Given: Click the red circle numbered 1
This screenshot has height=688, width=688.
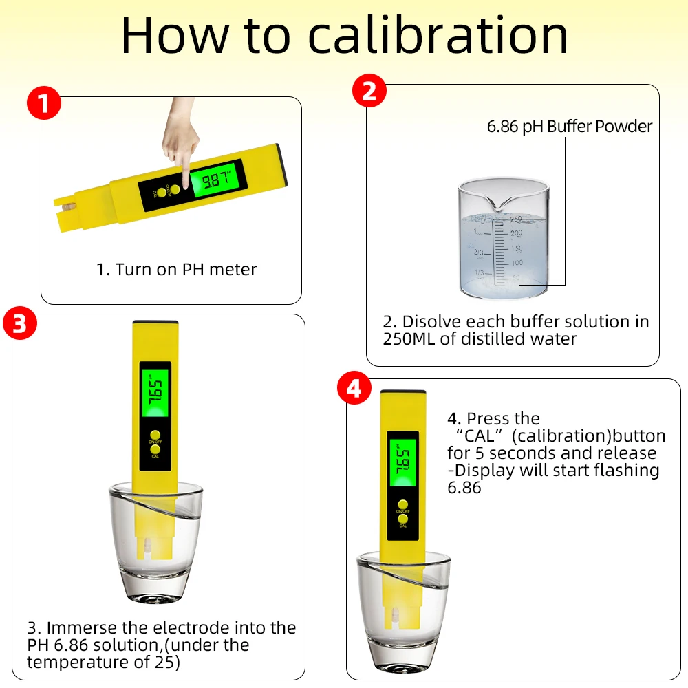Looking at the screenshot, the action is point(44,103).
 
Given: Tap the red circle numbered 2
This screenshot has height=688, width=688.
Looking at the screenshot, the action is point(369,91).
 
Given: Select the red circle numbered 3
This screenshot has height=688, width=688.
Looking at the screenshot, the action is point(20,323).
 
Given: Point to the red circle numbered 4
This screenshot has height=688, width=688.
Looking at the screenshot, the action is point(354,388).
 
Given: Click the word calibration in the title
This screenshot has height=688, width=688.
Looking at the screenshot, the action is point(438,35).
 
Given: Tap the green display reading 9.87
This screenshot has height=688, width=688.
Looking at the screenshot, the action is point(215,179).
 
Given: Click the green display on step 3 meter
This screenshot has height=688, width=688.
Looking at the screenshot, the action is point(155,393).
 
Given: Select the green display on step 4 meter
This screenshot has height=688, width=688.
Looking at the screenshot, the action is point(403,462).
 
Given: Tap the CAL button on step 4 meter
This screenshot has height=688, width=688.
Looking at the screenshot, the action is point(402,519).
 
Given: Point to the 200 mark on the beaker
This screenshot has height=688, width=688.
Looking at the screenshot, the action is point(517,233).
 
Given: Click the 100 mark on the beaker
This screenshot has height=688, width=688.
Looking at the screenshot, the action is point(517,262).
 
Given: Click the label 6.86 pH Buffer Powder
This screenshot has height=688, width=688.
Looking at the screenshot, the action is point(570,127).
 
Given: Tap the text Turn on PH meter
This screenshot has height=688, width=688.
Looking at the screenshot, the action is point(186,270).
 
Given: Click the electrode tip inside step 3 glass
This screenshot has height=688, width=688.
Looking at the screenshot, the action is point(147,548).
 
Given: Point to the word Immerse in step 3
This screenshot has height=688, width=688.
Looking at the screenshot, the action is point(82,628).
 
